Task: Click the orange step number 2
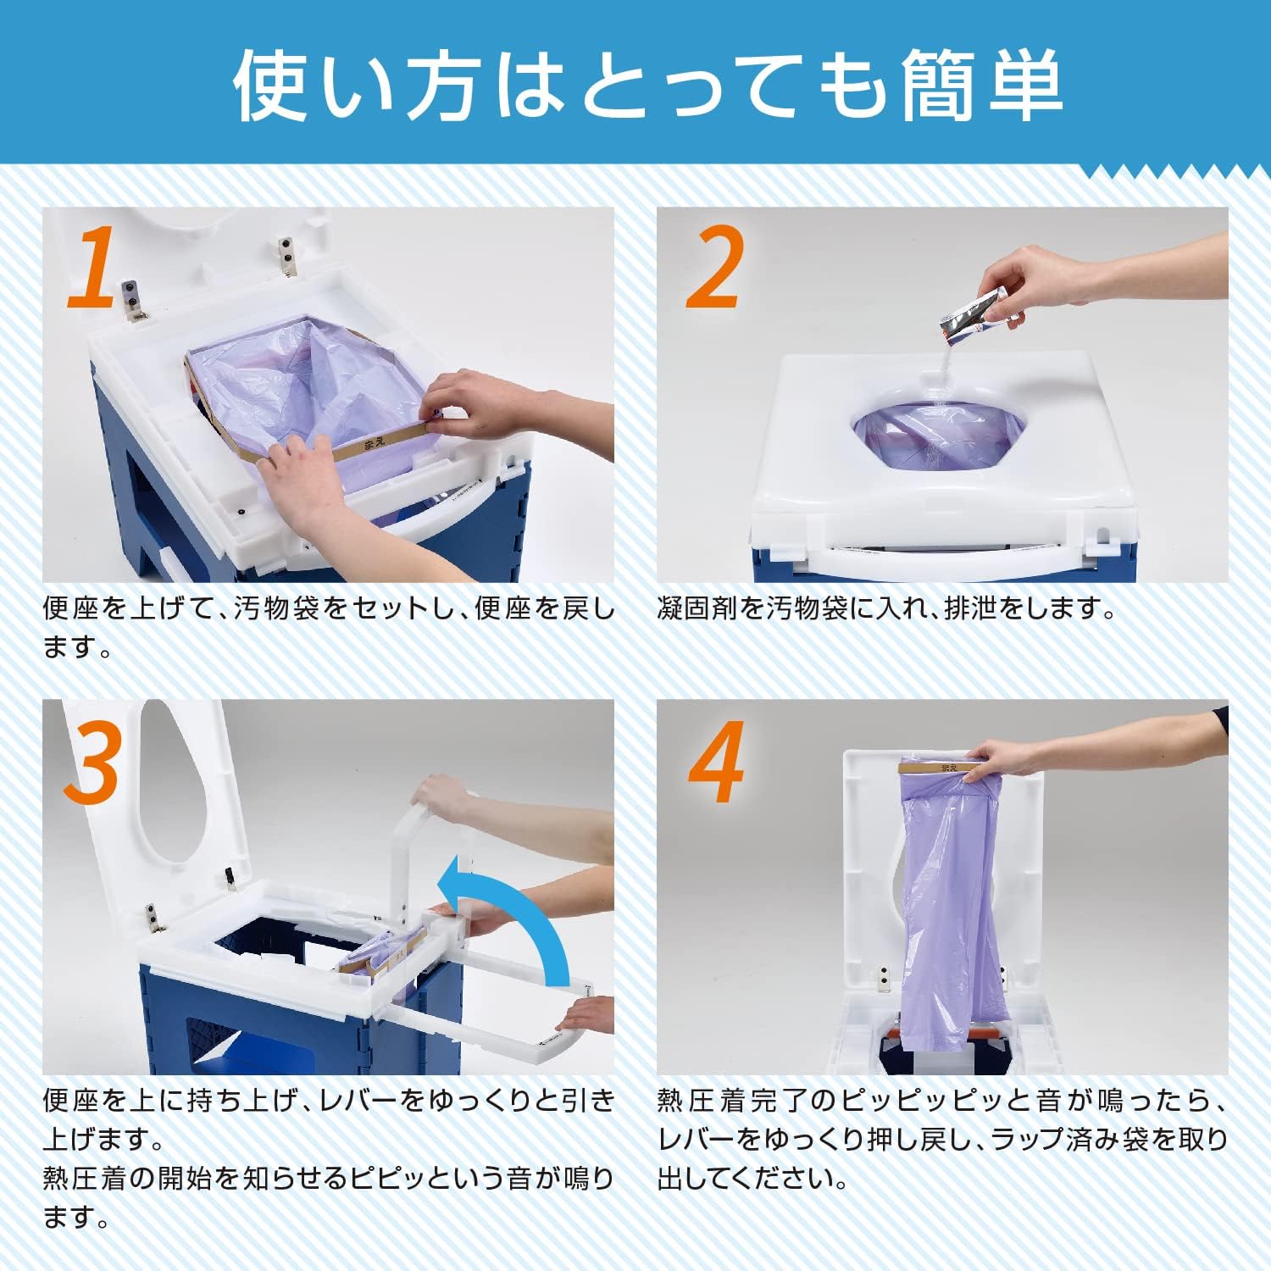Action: pyautogui.click(x=714, y=269)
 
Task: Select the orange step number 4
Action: pyautogui.click(x=716, y=763)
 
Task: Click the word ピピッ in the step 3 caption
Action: pyautogui.click(x=380, y=1179)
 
